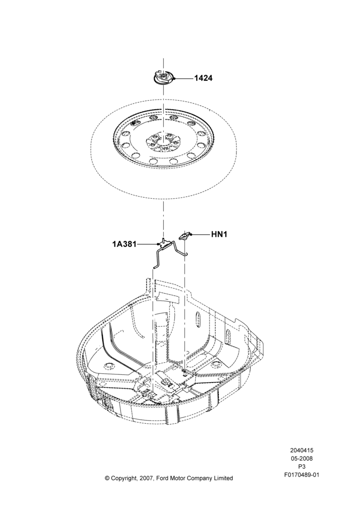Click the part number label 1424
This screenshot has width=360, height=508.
coord(203,78)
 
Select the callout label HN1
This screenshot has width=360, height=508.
coord(219,234)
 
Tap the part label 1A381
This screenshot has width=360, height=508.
coord(125,244)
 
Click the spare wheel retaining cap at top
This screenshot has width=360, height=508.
coord(163,78)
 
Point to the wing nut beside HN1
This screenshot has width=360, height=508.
coord(186,236)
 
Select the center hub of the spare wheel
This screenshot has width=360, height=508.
coord(164,142)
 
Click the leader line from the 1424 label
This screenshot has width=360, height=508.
coord(184,78)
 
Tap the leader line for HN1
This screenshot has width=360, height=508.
coord(201,234)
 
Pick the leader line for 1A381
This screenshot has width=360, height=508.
coord(148,244)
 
